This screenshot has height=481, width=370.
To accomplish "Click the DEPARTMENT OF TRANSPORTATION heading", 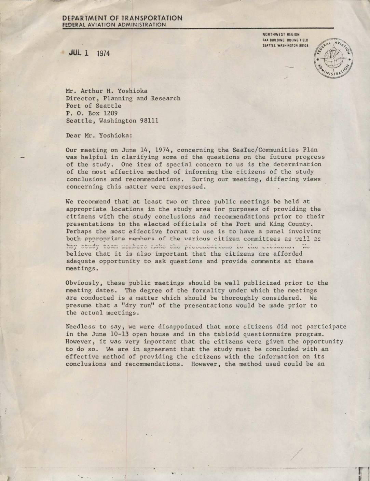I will (122, 18).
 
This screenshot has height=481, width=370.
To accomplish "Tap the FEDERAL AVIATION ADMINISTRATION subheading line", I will (114, 25).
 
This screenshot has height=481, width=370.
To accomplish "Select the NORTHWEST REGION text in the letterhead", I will (281, 34).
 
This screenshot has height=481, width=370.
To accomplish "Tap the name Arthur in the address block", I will (92, 91).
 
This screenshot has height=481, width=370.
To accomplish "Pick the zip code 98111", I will (147, 121).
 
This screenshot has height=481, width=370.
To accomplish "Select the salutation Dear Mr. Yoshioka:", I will (99, 135).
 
